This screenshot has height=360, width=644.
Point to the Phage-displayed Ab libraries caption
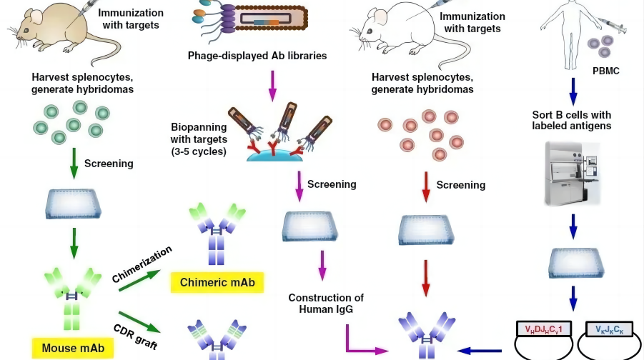coord(257,55)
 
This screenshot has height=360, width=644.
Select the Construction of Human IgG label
coord(326,303)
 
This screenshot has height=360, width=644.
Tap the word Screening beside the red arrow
coord(461,185)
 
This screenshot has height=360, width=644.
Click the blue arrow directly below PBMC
coord(573,90)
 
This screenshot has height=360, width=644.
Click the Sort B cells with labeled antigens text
coord(572,121)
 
